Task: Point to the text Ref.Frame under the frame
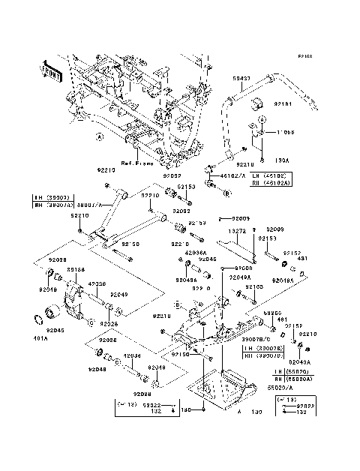tap(138, 162)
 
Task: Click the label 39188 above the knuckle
tap(75, 268)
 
